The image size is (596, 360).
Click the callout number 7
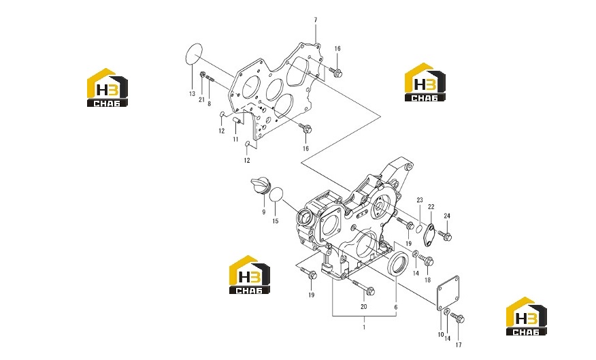pos(316,20)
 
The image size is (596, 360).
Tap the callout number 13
pos(192,94)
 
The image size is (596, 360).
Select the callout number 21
pos(201,99)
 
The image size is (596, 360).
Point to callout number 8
pos(209,103)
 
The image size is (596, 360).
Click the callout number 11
pos(235,140)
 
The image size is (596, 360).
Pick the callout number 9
pos(264,212)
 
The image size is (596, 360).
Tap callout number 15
pos(276,221)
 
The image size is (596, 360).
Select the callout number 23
pos(420,200)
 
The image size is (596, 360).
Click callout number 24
pos(447,216)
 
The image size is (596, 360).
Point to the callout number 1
pos(364,327)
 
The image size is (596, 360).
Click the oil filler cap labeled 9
pos(259,186)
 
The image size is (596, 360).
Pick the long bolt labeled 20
pos(363,288)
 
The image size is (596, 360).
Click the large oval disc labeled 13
pos(194,54)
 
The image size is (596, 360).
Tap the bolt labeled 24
pos(445,235)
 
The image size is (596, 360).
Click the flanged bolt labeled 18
pos(426,261)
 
